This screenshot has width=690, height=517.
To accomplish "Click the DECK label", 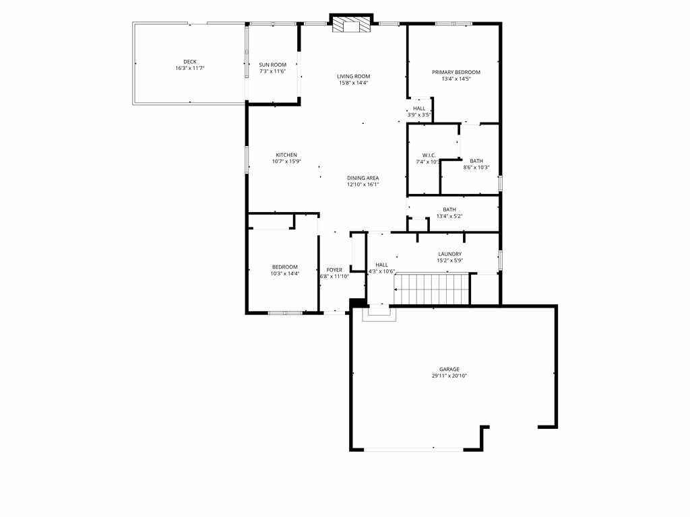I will tap(190, 62).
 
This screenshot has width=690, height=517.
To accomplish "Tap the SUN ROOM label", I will tap(273, 65).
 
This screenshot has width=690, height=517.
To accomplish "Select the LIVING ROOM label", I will tap(354, 76).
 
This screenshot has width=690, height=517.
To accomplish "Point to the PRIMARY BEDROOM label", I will tap(456, 72).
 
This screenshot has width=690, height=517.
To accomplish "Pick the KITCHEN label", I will tap(286, 155).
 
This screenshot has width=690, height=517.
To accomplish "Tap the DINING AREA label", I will tap(363, 178).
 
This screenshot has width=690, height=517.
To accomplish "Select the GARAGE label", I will tap(449, 369).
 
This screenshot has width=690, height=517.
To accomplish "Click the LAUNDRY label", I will tap(449, 254).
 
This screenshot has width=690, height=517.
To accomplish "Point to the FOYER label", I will tap(334, 270).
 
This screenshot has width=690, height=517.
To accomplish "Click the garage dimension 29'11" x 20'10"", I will tap(449, 376).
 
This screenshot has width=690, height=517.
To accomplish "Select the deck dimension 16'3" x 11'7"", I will tap(190, 68).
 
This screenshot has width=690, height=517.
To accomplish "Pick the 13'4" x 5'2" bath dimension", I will tap(449, 216).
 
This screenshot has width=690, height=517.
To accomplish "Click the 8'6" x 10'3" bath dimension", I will tap(476, 168).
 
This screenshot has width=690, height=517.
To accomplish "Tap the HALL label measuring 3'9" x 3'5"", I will tap(419, 108).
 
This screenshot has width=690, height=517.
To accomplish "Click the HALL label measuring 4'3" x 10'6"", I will tap(381, 265).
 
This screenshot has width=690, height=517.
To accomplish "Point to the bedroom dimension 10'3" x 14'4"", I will tap(284, 273).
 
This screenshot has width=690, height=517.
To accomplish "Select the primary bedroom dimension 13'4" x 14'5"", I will tap(456, 79).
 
